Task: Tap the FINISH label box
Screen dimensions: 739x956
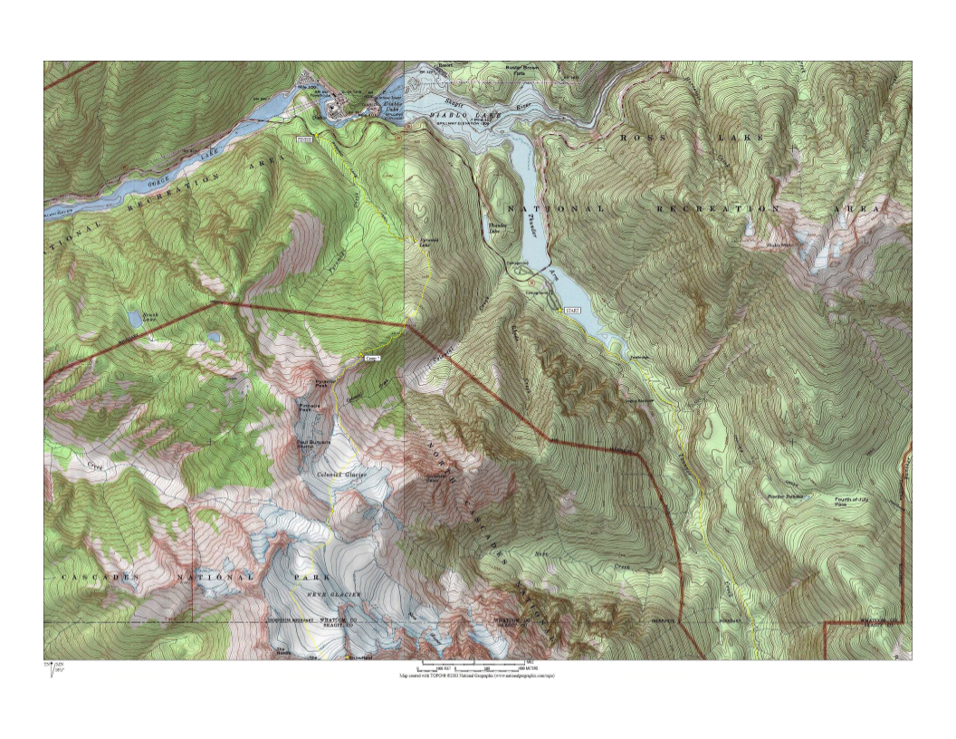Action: click(x=304, y=139)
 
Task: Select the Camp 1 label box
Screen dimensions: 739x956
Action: click(x=371, y=359)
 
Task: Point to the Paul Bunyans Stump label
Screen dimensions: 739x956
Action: click(x=311, y=443)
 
